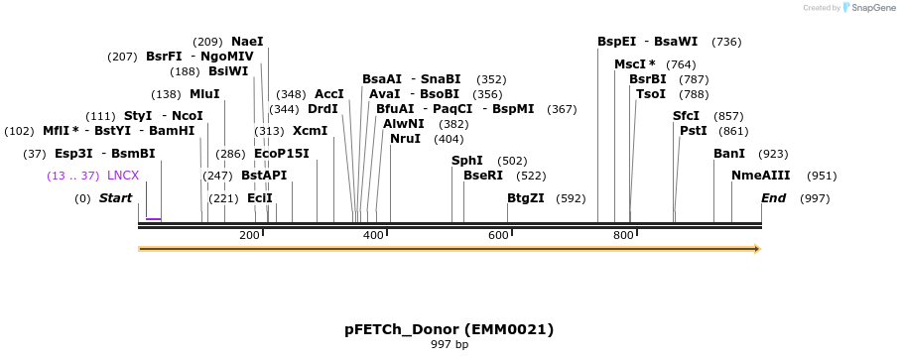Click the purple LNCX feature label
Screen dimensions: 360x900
(123, 176)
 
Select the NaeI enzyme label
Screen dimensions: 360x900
(247, 42)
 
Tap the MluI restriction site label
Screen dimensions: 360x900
(204, 94)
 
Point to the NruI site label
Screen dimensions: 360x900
(405, 139)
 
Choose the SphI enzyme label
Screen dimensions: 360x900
(466, 161)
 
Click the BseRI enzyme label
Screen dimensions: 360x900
(483, 176)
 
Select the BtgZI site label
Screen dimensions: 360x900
(526, 198)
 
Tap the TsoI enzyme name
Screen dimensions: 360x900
(651, 94)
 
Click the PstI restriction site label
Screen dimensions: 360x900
(693, 130)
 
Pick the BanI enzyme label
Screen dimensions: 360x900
(729, 154)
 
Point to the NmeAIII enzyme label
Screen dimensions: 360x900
(762, 176)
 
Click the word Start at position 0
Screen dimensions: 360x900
(115, 198)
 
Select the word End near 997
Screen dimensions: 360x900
(773, 198)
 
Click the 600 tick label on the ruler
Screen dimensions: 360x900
(498, 235)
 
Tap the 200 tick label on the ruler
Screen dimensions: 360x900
(249, 235)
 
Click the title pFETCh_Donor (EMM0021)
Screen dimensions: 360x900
(449, 329)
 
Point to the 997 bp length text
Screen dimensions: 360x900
(449, 345)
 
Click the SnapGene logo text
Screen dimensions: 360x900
(869, 8)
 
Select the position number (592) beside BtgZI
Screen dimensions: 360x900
(571, 198)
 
